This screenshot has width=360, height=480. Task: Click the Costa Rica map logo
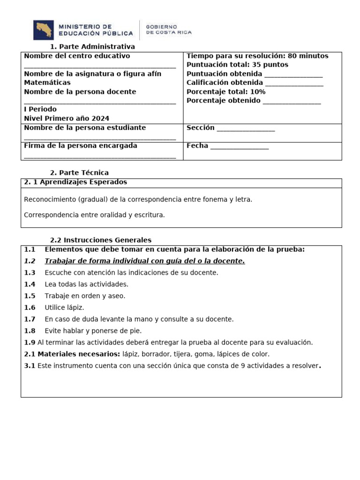point(43,30)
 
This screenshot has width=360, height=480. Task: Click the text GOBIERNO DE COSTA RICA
point(169,30)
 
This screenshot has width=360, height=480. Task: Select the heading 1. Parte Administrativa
point(92,46)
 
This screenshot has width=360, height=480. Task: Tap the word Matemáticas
point(47,82)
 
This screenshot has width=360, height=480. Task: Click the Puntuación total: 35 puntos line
point(237,65)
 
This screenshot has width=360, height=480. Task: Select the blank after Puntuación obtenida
point(293,75)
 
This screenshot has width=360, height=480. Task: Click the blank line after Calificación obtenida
point(294,83)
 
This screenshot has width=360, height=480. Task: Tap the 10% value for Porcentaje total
point(258,92)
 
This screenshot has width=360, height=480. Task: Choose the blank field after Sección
point(246,128)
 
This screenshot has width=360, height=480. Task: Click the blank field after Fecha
point(240,146)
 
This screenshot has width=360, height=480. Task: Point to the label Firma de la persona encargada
point(81,146)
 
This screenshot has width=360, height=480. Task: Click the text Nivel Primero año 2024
point(67,119)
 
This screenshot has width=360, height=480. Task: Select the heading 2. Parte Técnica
point(79,172)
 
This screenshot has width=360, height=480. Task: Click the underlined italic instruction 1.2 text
point(144,261)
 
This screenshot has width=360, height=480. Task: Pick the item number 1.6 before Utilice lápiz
point(30,307)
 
